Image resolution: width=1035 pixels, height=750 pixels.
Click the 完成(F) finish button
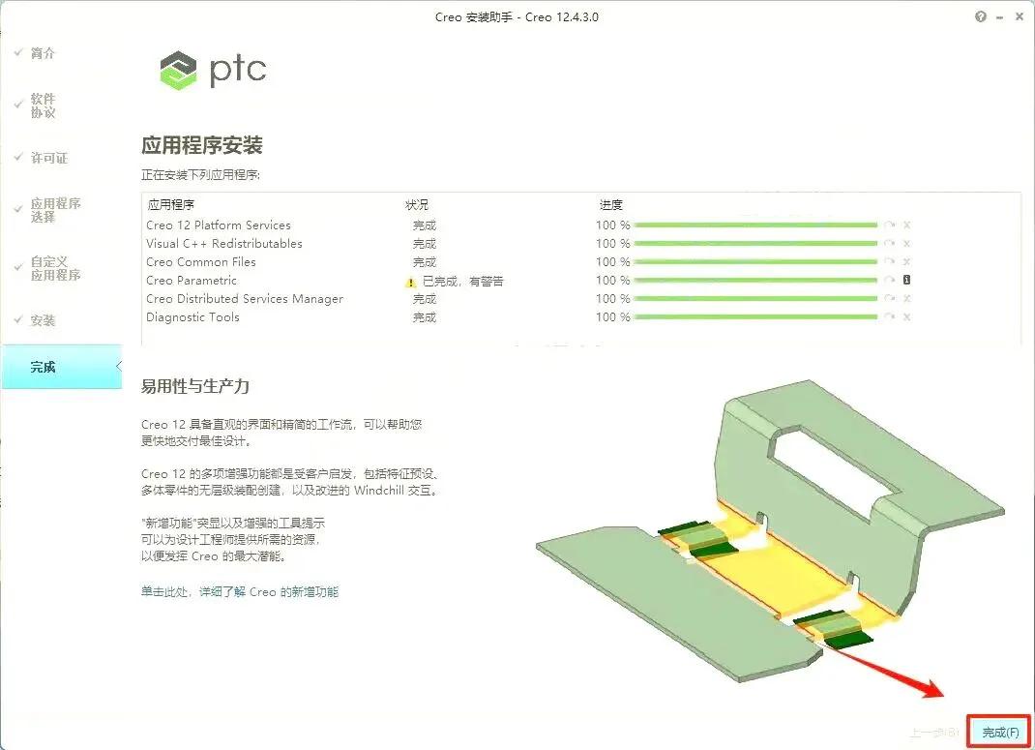tap(1000, 733)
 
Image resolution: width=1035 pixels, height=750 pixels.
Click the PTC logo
tap(213, 70)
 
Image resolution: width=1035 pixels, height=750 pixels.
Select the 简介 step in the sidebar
tap(43, 53)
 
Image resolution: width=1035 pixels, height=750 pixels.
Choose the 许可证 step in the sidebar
tap(48, 158)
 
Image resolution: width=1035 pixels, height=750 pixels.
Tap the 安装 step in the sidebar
tap(43, 320)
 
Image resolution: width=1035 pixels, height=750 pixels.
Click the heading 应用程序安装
tap(202, 146)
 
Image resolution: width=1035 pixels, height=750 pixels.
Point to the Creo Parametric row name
tap(192, 281)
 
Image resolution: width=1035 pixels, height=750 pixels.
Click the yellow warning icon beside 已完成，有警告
tap(410, 282)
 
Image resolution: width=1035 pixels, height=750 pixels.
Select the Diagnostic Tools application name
tap(192, 317)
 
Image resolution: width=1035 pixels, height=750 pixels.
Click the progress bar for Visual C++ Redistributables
tap(755, 244)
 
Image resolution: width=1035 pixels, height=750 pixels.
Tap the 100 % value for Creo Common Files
tap(612, 262)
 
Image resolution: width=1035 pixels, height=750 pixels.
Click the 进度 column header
tap(610, 205)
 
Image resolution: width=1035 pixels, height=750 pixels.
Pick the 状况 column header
tap(416, 205)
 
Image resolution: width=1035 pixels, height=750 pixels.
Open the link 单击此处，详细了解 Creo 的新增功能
tap(240, 591)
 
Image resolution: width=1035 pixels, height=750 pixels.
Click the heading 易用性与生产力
tap(195, 386)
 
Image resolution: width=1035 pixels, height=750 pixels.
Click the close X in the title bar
tap(1019, 17)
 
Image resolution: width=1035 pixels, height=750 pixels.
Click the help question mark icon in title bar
tap(981, 17)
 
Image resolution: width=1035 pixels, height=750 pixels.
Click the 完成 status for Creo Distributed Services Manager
tap(424, 299)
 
